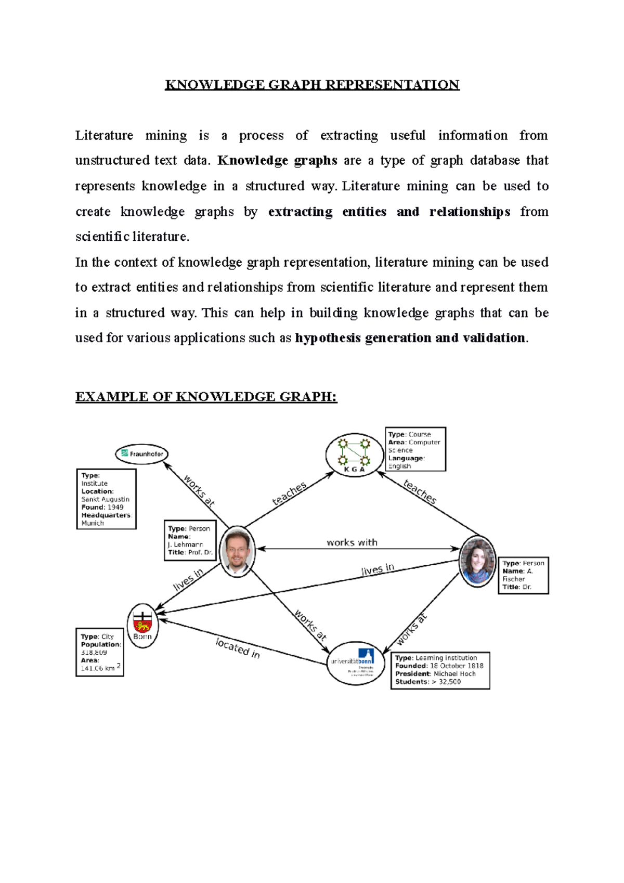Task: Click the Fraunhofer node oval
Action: pyautogui.click(x=142, y=454)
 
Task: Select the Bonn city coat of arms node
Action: pyautogui.click(x=142, y=626)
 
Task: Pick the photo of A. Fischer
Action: pyautogui.click(x=477, y=561)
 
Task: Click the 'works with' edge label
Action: pyautogui.click(x=352, y=542)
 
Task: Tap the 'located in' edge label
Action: pyautogui.click(x=238, y=648)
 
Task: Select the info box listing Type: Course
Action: pyautogui.click(x=415, y=450)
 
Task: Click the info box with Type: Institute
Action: pyautogui.click(x=106, y=499)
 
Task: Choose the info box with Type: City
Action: pyautogui.click(x=100, y=652)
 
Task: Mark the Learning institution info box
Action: pyautogui.click(x=440, y=670)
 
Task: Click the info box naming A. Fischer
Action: pyautogui.click(x=523, y=575)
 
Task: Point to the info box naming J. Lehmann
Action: pyautogui.click(x=190, y=540)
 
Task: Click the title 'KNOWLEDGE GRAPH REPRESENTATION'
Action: pyautogui.click(x=312, y=85)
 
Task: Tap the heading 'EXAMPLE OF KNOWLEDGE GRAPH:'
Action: pyautogui.click(x=206, y=397)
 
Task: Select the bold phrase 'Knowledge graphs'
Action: pyautogui.click(x=277, y=160)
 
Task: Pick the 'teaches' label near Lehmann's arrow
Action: pyautogui.click(x=290, y=494)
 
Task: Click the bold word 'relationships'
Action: pyautogui.click(x=470, y=212)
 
